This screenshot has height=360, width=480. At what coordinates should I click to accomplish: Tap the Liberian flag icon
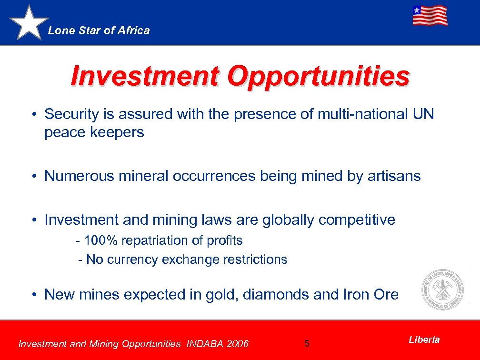(430, 16)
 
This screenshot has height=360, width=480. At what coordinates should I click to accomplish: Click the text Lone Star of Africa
(99, 30)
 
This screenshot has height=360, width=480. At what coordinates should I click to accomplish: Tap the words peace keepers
(94, 132)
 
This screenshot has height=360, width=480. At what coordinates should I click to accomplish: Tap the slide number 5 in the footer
(307, 343)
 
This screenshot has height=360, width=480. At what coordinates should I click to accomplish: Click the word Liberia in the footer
(424, 340)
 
